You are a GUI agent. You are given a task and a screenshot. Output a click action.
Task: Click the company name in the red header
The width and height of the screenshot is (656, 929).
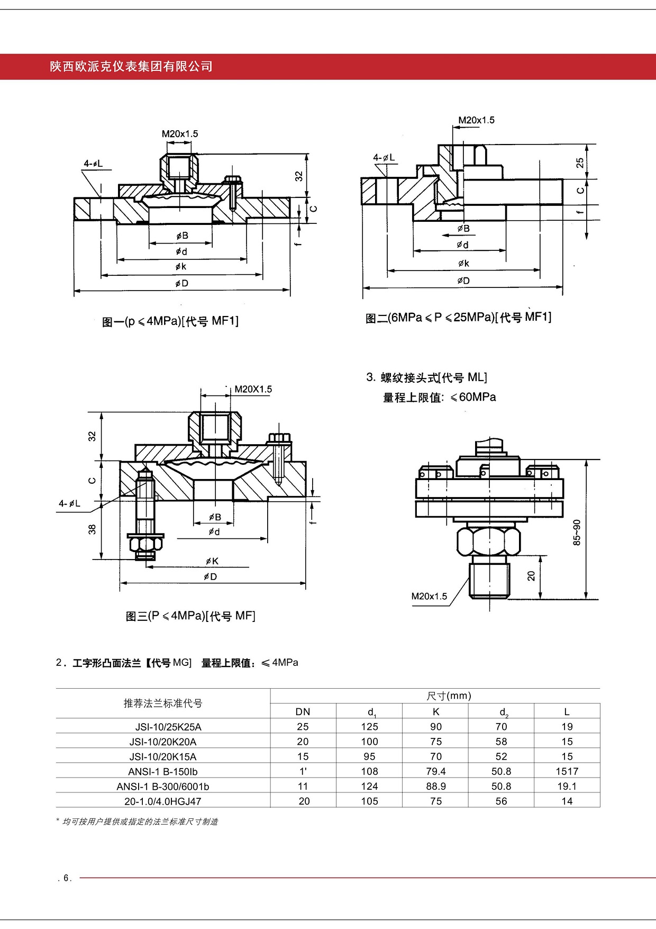coord(131,67)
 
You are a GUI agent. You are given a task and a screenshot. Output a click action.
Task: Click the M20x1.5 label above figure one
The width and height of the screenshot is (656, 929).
coord(180,134)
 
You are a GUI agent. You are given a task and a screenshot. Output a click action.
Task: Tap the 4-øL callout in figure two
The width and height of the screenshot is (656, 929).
coord(384,158)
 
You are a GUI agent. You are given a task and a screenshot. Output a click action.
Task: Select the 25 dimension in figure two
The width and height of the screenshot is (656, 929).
coord(580,162)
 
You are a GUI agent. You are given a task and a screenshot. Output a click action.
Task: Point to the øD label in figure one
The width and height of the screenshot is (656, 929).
coord(182,284)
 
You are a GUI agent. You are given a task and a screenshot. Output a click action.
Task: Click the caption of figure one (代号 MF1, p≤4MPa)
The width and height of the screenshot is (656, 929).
coord(170,321)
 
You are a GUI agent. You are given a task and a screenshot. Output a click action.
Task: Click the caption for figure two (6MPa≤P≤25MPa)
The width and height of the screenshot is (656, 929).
coord(458,318)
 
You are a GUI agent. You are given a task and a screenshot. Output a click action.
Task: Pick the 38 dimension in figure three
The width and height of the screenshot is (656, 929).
coord(93,529)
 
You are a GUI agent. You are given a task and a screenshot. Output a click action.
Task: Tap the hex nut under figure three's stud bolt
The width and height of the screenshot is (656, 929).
coord(145,544)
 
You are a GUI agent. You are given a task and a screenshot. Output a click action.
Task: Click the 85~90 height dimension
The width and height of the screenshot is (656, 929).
coord(577,531)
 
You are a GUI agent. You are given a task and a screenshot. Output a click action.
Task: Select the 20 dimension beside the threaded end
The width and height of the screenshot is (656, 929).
coord(531,576)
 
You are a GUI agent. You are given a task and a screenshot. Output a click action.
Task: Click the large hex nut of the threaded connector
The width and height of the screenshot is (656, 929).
coord(488,541)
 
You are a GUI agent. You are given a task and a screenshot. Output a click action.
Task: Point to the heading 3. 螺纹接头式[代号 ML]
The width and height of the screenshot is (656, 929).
coord(426,377)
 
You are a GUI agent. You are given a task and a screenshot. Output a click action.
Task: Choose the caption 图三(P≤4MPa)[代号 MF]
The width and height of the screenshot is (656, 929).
coord(190,616)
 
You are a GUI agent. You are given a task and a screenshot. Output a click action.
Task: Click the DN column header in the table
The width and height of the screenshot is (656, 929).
coord(303,712)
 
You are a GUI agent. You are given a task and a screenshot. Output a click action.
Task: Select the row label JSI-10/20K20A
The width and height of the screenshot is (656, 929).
coord(163,742)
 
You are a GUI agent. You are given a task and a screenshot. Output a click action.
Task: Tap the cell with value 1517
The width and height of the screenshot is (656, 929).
coord(567,771)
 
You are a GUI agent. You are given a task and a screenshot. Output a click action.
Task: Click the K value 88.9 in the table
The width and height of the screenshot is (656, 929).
coord(436,786)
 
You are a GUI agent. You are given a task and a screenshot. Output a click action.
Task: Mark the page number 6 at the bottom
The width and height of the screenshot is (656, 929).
coord(67,878)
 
